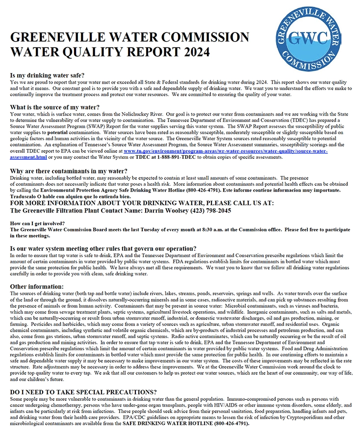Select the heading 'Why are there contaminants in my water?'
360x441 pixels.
tap(69, 171)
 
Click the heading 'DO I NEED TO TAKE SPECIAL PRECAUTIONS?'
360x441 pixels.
tap(83, 392)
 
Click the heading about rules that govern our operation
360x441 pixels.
tap(103, 248)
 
